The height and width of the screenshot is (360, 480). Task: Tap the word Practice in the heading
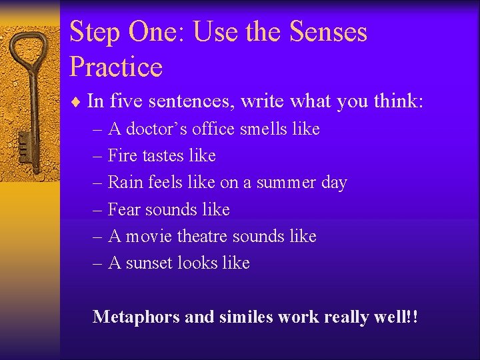coord(116,67)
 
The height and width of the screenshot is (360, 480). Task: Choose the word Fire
coord(122,155)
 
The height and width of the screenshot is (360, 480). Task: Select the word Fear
coord(124,209)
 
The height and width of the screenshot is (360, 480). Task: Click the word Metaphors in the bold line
coord(137,316)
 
